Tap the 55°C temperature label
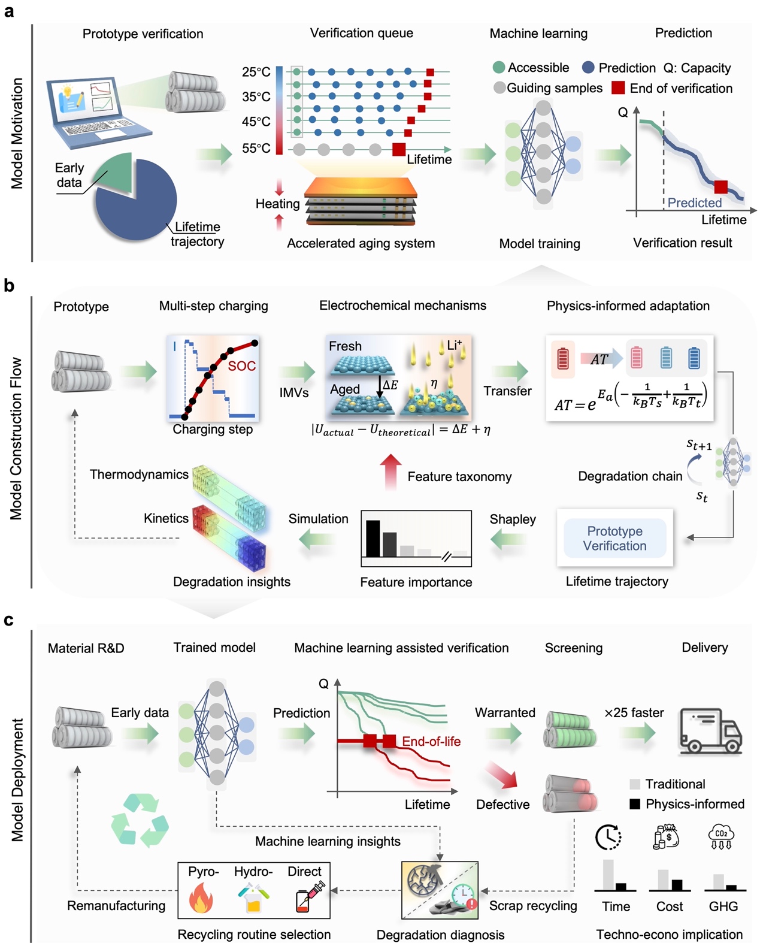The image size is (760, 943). (x=256, y=148)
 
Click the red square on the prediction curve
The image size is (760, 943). (x=720, y=187)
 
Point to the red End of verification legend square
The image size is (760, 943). (x=618, y=88)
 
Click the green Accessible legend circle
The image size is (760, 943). (x=499, y=68)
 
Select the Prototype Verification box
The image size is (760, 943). (x=614, y=538)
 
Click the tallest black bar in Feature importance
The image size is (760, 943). (x=373, y=539)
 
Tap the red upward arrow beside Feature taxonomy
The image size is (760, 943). (x=390, y=471)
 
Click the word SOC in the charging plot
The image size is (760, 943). (x=241, y=366)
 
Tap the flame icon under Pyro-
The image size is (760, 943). (x=201, y=899)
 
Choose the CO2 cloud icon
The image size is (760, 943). (x=721, y=836)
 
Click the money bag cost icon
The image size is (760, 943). (x=667, y=836)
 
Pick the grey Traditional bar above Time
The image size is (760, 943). (x=608, y=875)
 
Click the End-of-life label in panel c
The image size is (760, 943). (x=431, y=741)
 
